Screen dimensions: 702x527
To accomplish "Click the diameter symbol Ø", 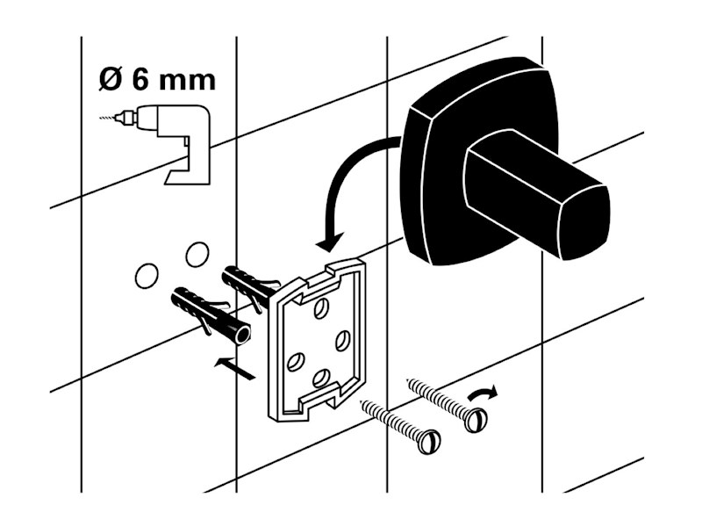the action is (x=111, y=79).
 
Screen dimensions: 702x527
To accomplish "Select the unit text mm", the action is (x=188, y=82).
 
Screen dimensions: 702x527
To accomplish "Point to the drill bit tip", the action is (x=100, y=118).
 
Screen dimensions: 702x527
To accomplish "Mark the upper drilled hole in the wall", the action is (x=197, y=254).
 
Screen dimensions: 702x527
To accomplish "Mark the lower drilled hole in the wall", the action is (x=147, y=276).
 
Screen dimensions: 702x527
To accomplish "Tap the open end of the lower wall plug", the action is (x=244, y=335).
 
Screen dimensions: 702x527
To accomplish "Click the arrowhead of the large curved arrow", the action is (x=331, y=242).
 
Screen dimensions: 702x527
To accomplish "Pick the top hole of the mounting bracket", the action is (x=320, y=309).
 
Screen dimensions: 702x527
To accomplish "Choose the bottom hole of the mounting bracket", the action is (x=320, y=378).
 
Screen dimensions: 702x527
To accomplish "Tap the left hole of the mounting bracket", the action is (x=296, y=362).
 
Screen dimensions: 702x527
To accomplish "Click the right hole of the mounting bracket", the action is (x=343, y=340).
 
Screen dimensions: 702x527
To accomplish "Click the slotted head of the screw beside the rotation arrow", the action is (x=475, y=420).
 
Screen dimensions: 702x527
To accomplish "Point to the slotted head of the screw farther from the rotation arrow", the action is (x=428, y=441).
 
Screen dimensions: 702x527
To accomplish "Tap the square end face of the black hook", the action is (x=584, y=223).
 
